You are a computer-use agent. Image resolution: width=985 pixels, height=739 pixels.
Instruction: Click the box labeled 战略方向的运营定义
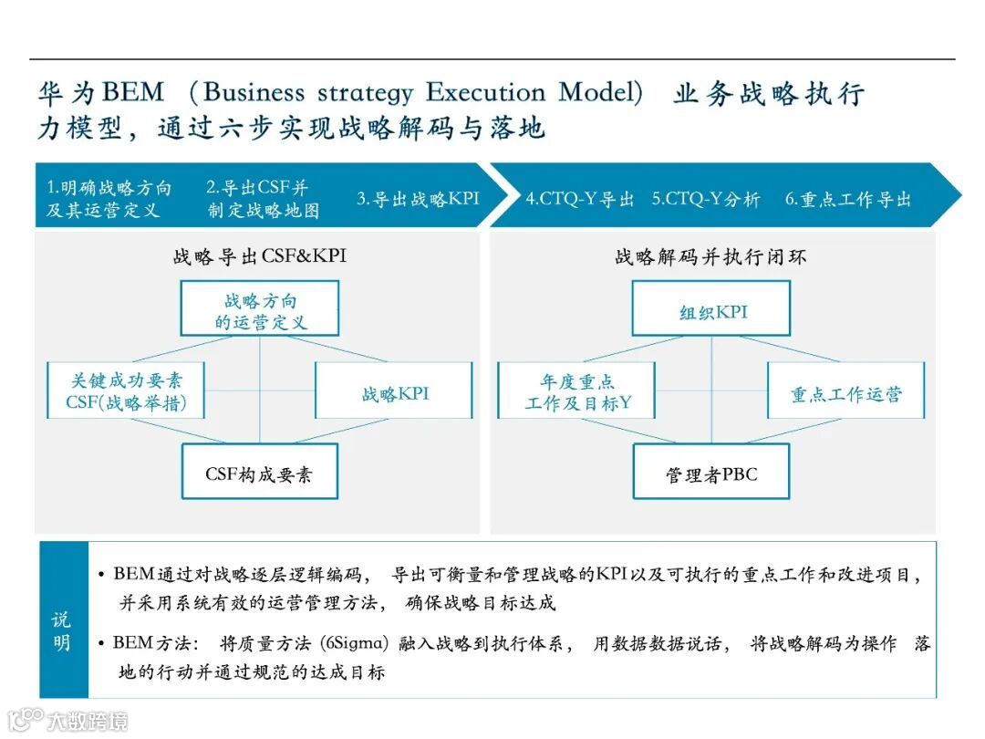pos(260,311)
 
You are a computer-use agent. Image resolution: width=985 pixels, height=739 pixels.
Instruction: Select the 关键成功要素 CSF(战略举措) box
pos(126,390)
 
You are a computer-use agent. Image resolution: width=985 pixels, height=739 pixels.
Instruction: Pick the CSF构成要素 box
pos(260,472)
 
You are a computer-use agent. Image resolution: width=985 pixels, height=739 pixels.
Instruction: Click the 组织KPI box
pos(711,311)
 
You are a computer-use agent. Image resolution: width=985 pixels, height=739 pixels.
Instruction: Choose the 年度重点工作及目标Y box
pos(576,390)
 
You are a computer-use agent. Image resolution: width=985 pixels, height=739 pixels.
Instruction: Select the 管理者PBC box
pos(711,472)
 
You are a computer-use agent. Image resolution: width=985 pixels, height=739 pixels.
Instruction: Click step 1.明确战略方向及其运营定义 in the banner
pos(109,199)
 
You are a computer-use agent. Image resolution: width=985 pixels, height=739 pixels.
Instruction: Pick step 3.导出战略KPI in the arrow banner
pos(417,199)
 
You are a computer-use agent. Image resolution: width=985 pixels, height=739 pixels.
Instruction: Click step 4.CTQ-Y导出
pos(579,199)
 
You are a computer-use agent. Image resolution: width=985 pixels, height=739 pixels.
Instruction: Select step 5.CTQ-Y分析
pos(705,199)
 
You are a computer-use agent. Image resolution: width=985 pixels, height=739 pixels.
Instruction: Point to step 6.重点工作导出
pos(847,199)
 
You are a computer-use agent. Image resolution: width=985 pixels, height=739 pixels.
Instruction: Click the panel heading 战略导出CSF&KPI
pos(260,257)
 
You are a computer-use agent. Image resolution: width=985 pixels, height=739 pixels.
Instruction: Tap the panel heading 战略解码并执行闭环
pos(711,257)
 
